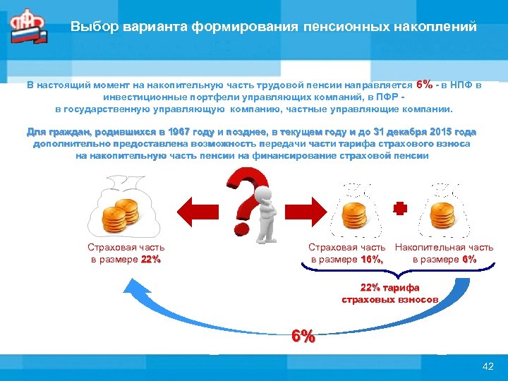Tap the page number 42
point(487,365)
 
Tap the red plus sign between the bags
point(399,209)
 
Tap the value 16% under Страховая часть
point(371,259)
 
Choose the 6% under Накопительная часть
point(468,259)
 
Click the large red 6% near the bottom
point(303,337)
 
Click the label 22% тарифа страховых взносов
point(389,294)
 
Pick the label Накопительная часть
point(444,248)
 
